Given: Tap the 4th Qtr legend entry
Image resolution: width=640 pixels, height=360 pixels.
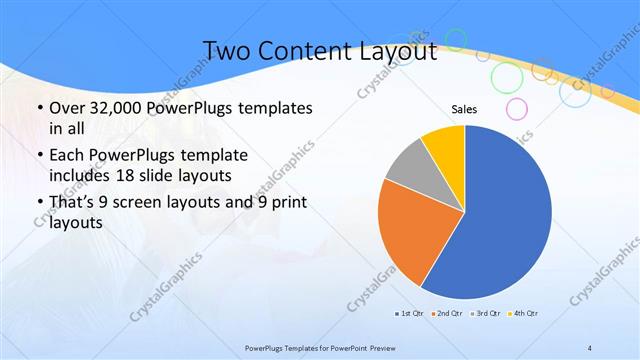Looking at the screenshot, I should coord(525,314).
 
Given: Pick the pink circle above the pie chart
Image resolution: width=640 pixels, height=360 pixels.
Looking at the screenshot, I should coord(517,108).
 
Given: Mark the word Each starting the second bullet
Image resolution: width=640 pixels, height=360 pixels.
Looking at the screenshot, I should coord(66,155).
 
